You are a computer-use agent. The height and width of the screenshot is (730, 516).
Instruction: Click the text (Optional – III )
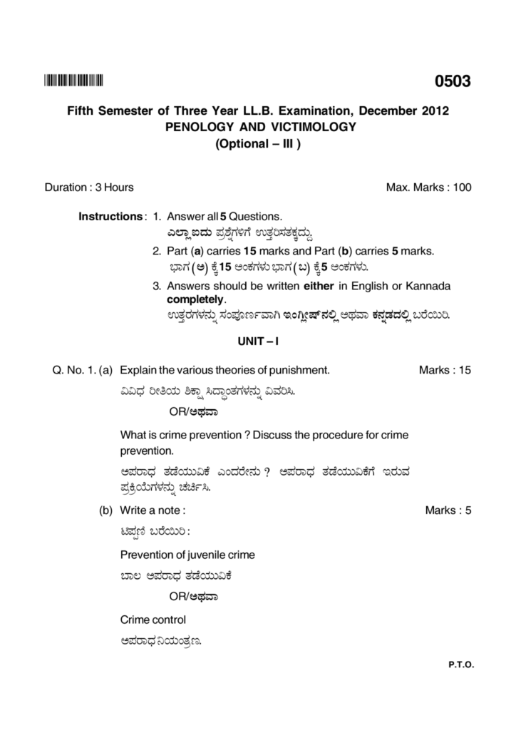coord(259,143)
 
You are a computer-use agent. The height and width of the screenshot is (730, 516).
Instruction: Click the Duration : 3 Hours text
coord(89,187)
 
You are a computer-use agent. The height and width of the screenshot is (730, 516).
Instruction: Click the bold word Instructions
coord(110,216)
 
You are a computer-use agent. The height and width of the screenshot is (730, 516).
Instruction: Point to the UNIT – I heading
coord(257,341)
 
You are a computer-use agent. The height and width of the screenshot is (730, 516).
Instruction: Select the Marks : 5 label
coord(448,510)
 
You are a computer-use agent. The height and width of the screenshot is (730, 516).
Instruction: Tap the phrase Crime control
coord(153,620)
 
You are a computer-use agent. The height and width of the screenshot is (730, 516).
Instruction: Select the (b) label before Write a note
coord(106,510)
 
